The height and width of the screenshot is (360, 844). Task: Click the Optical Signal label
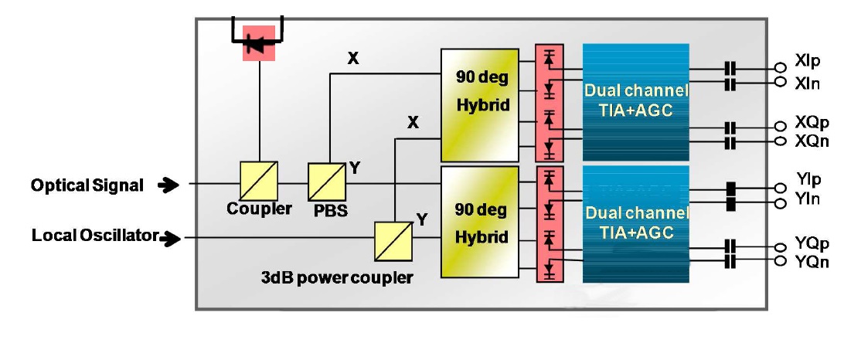point(87,185)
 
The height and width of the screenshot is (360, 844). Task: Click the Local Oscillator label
point(95,236)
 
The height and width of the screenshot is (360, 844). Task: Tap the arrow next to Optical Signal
point(166,185)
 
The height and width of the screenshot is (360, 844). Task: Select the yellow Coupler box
point(260,181)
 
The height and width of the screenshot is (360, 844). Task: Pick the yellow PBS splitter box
point(328,182)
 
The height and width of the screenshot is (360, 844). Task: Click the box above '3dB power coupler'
point(394,242)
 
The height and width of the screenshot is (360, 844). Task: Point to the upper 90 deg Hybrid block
point(479,105)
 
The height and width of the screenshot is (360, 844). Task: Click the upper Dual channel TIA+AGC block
point(635,101)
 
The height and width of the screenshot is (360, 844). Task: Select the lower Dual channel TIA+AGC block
point(635,222)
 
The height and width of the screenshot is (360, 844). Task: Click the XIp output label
point(807,61)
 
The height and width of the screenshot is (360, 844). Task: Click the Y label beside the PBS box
point(354,167)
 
